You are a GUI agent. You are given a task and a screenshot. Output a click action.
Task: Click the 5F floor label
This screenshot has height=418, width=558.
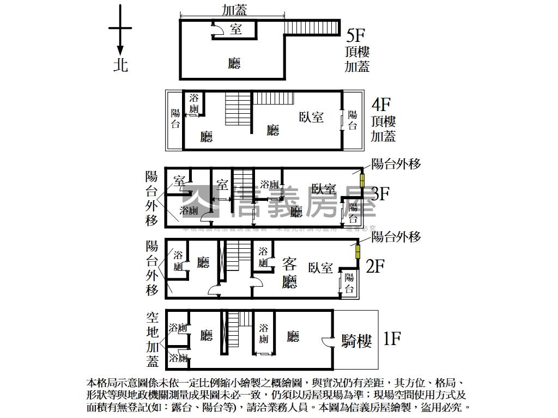(x=355, y=35)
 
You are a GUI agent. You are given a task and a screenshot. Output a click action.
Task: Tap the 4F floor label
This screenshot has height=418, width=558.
(x=382, y=103)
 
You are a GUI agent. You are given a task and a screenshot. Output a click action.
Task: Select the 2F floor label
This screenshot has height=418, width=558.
(x=375, y=266)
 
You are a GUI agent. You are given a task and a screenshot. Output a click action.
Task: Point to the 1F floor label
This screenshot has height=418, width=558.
(x=392, y=339)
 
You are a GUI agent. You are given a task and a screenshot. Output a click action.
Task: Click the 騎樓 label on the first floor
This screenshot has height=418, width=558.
(x=356, y=341)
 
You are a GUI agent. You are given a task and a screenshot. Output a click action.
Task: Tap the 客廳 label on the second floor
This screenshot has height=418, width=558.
(x=289, y=273)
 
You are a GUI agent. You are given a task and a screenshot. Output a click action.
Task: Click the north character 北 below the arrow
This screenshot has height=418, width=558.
(x=120, y=65)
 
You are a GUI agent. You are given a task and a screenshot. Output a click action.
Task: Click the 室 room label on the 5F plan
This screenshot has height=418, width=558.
(x=236, y=29)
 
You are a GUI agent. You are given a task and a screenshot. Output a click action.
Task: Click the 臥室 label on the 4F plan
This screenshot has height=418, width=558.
(x=312, y=116)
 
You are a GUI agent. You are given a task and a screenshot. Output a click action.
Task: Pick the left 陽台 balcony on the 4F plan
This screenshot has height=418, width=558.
(x=175, y=119)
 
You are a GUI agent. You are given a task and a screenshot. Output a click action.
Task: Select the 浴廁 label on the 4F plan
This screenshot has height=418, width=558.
(x=194, y=104)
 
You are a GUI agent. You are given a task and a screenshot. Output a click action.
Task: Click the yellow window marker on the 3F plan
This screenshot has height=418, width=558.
(x=361, y=180)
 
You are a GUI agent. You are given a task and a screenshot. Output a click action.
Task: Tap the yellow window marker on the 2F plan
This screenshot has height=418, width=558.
(x=358, y=251)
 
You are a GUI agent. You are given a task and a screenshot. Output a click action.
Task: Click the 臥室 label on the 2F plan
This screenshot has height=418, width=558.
(x=320, y=268)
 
